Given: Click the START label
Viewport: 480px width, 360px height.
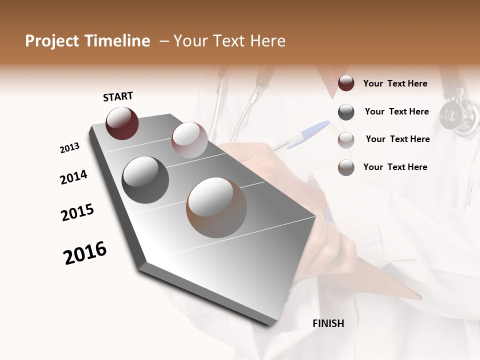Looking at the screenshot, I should [118, 96].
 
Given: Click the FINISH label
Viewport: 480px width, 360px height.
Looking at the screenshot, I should [328, 323].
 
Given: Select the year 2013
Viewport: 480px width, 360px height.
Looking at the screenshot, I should [70, 148].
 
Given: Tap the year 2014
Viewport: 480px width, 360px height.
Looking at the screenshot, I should [73, 177].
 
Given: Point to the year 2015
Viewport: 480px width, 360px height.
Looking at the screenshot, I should [77, 212].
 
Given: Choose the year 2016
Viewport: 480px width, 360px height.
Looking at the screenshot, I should [85, 253].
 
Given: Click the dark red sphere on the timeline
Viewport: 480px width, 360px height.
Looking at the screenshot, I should [122, 123].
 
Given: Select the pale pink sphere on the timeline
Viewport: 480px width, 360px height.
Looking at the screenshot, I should [189, 140].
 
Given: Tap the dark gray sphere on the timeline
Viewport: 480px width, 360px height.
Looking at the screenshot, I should [145, 180].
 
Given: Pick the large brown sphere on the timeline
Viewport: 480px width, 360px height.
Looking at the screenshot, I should [216, 207].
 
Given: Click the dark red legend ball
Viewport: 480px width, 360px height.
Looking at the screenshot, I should [346, 83].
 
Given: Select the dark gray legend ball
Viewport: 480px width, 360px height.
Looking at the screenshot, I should [346, 112].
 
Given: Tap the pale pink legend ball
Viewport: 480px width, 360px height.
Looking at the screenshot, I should [346, 140].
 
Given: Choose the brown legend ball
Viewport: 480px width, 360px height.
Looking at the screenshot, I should [346, 167].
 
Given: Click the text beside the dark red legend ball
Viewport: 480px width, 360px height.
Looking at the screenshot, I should [395, 83].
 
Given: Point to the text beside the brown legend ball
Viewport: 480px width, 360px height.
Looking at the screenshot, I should [395, 167].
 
